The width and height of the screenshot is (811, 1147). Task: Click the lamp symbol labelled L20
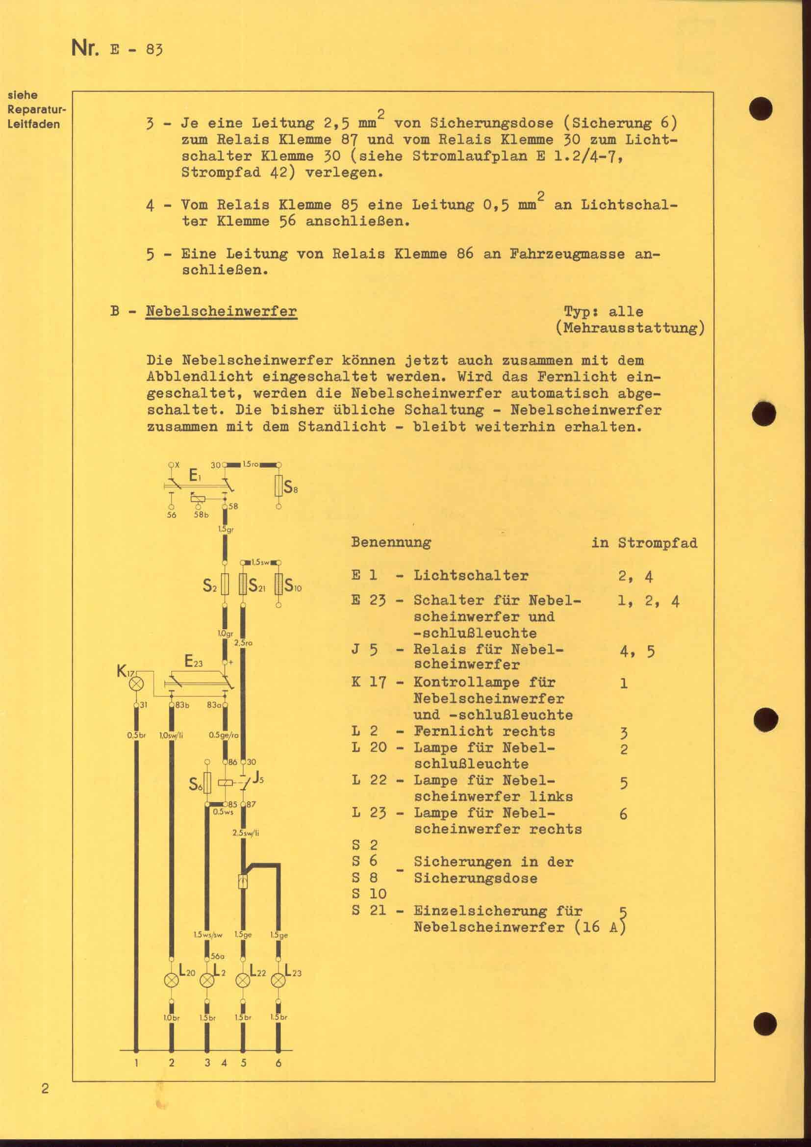(171, 981)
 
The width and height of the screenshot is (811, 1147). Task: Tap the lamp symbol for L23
(278, 981)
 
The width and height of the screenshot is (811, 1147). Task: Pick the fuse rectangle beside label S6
(207, 783)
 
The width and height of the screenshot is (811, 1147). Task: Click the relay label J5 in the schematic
(258, 778)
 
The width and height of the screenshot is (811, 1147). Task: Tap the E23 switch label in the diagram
(194, 662)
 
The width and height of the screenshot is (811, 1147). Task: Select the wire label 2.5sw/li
(246, 833)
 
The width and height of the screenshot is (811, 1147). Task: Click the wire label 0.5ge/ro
(224, 735)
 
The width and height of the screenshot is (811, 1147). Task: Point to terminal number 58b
(201, 515)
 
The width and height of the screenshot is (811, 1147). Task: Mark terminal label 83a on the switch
(214, 705)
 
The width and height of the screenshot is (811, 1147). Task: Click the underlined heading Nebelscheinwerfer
(221, 311)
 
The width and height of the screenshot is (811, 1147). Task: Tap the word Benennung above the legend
(391, 542)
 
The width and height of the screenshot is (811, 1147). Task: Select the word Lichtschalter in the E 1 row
(470, 576)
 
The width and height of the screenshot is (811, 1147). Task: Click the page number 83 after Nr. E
(155, 51)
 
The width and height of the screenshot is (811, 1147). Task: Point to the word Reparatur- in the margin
(37, 109)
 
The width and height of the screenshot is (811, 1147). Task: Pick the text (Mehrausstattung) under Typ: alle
(630, 328)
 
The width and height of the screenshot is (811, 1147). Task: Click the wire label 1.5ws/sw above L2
(208, 935)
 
